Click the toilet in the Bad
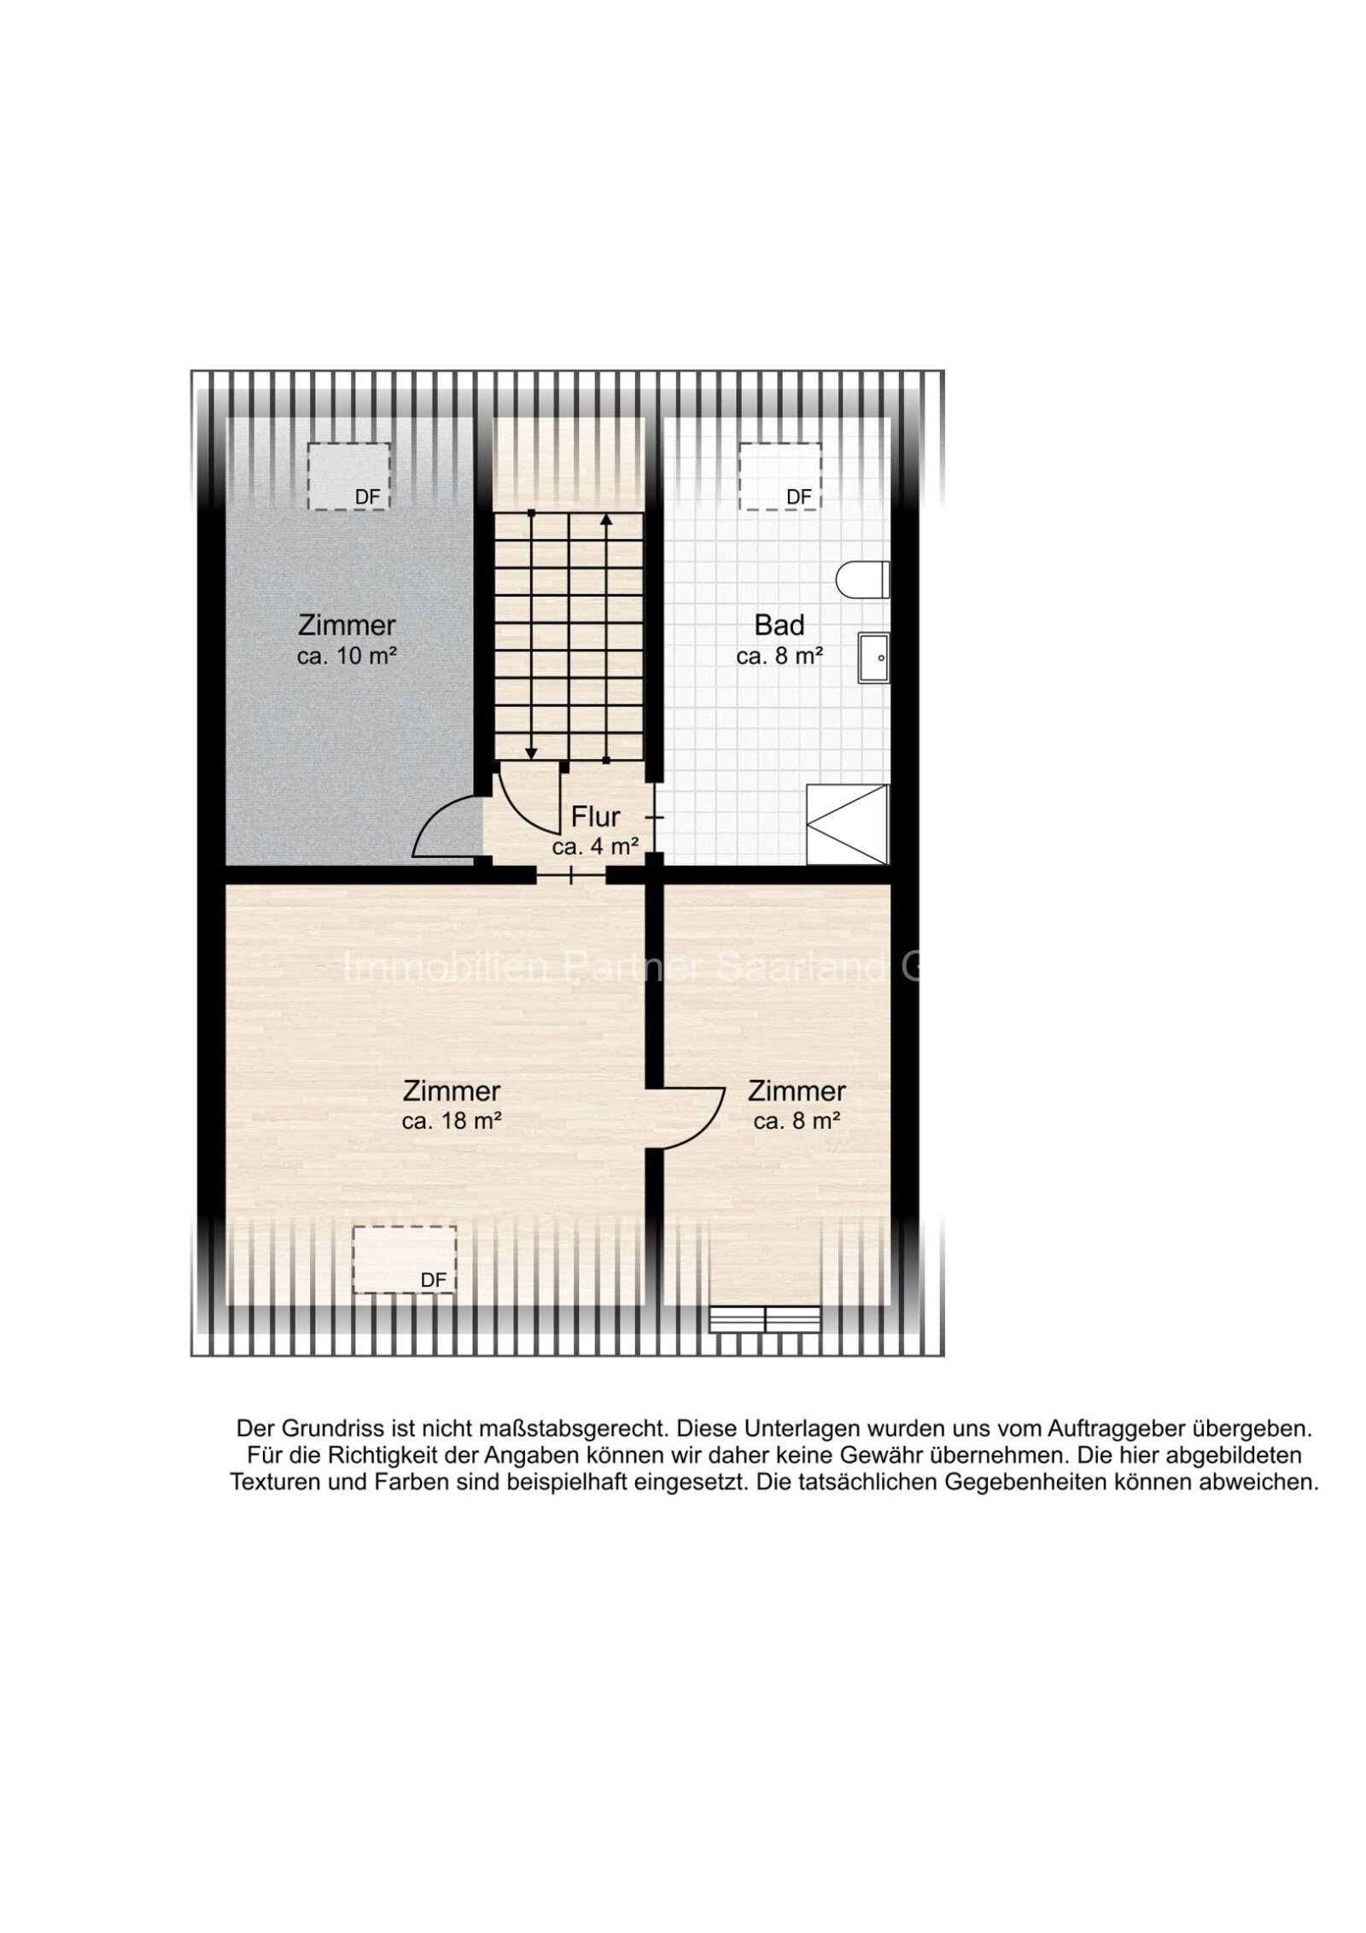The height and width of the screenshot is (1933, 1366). [x=862, y=580]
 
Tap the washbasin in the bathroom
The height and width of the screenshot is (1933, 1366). [x=873, y=657]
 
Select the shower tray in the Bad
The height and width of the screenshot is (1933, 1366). [x=848, y=825]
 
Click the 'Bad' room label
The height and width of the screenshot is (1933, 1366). [x=779, y=625]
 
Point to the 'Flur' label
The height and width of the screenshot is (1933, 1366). [x=595, y=817]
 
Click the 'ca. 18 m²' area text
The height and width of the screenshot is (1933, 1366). [x=451, y=1121]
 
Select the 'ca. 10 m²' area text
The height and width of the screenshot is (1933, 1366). [x=347, y=657]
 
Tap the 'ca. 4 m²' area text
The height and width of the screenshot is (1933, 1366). [x=596, y=847]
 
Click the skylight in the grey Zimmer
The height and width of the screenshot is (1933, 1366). [x=348, y=476]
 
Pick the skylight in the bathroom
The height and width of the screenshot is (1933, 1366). [x=779, y=476]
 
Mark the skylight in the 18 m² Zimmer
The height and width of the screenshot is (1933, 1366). [x=404, y=1259]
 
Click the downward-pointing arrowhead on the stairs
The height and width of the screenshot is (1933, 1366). [x=531, y=753]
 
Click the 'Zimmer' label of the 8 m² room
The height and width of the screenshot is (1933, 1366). [x=796, y=1091]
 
